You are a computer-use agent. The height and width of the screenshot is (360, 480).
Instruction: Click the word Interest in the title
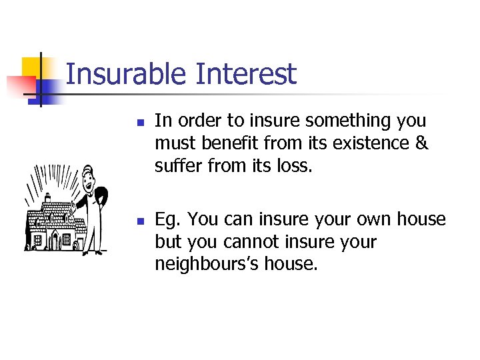(245, 74)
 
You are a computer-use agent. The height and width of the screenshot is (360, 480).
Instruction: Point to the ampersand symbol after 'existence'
(421, 143)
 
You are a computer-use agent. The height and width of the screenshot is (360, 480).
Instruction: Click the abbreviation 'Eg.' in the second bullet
(168, 219)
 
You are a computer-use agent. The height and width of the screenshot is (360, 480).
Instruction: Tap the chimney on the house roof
(49, 199)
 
